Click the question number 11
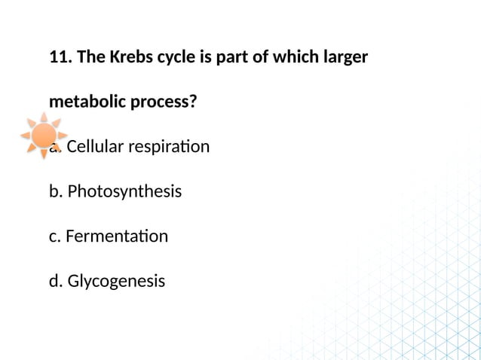59,57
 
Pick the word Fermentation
117,236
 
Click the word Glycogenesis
116,282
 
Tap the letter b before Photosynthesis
54,191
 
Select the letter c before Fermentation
54,236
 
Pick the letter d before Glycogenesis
54,282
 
